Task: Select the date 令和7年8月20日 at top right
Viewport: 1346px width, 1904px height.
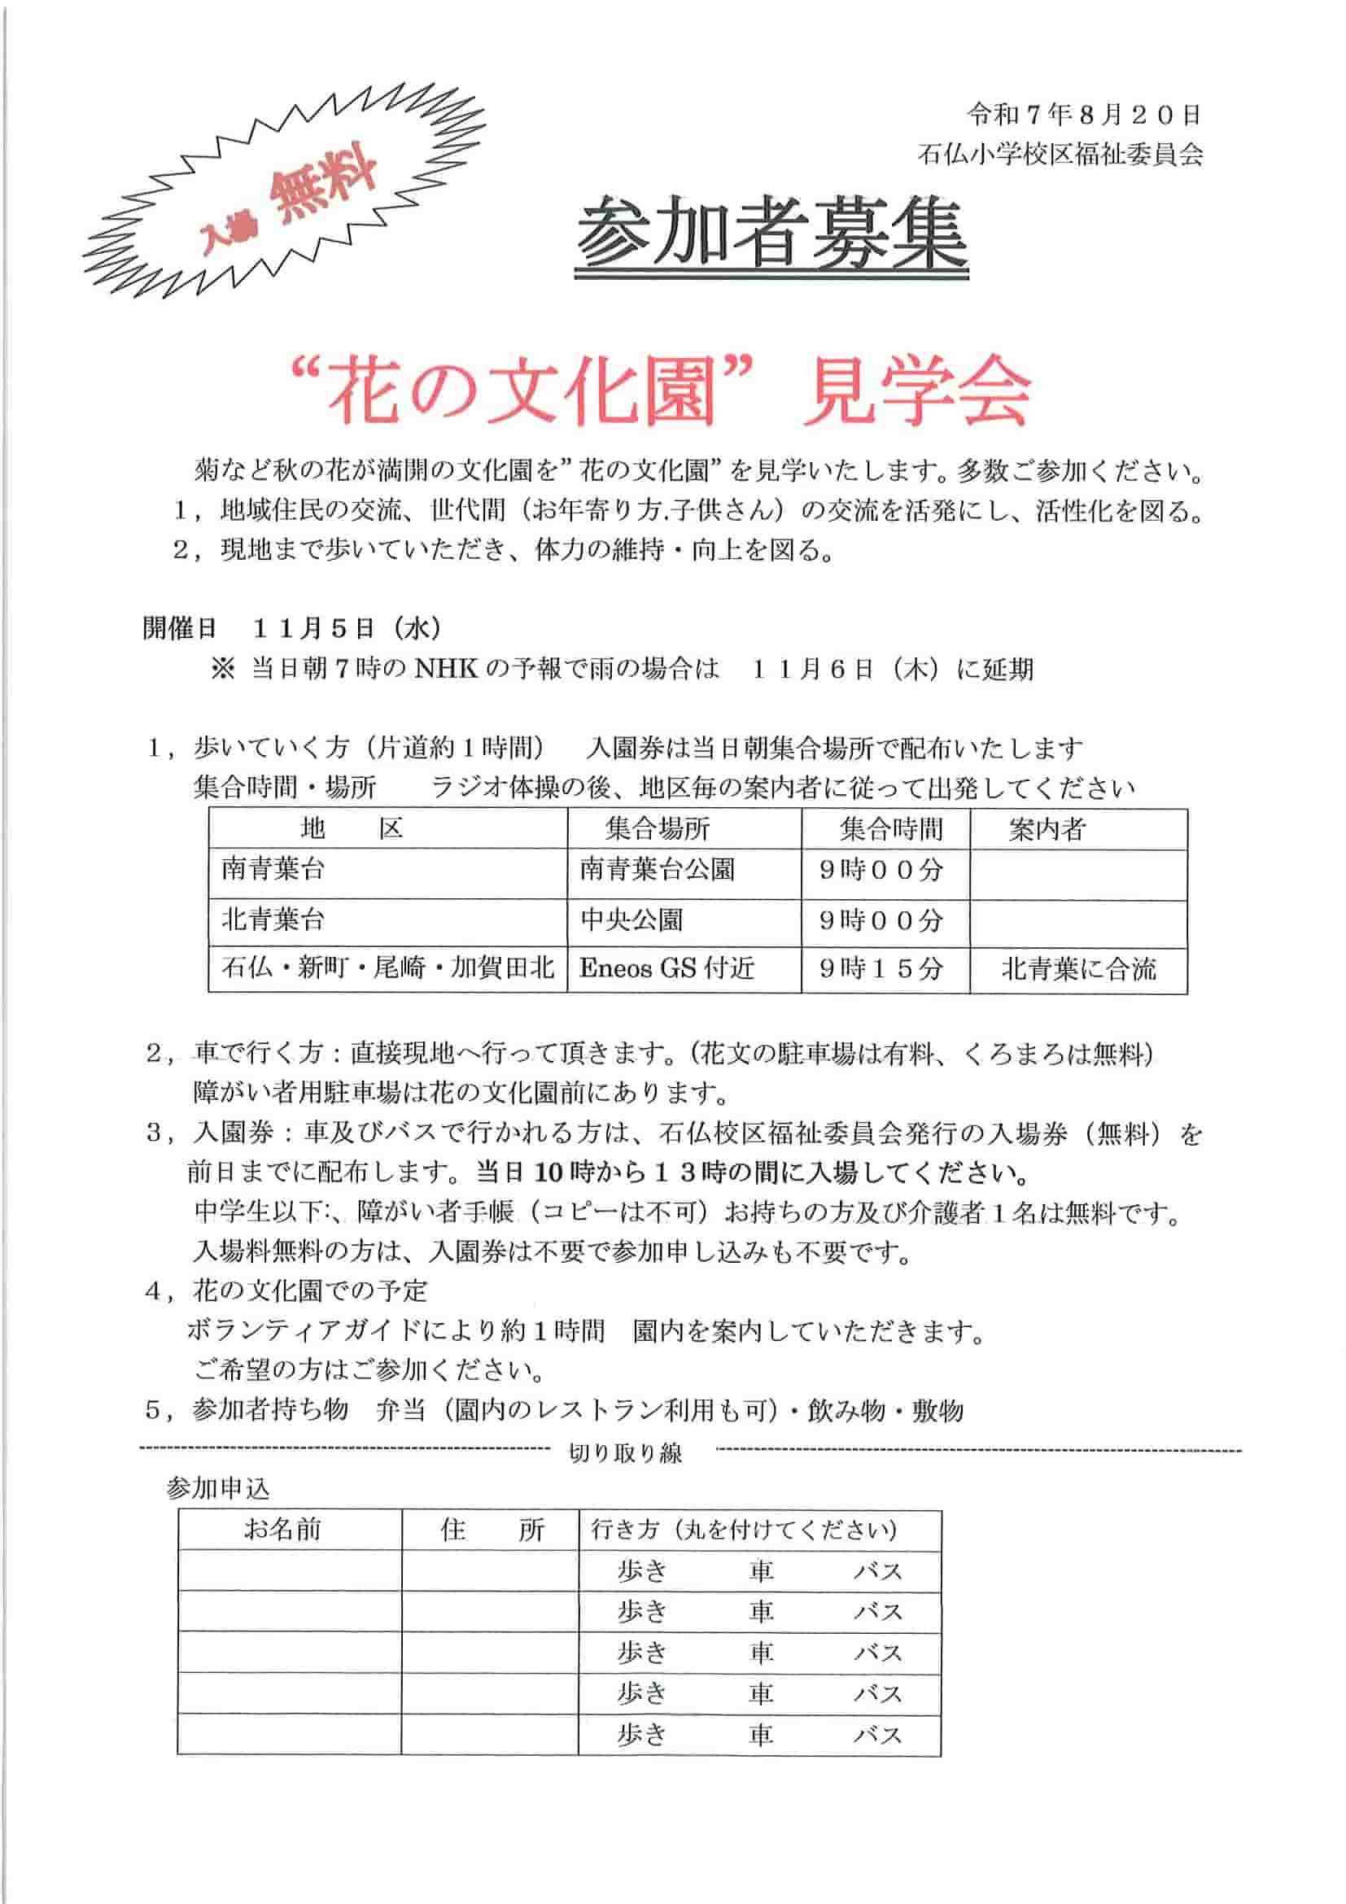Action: (x=1084, y=116)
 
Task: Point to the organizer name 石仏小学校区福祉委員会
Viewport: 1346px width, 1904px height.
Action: (x=1060, y=155)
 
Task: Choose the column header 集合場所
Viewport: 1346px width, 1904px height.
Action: (x=658, y=828)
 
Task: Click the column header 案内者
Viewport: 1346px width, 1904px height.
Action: (x=1047, y=828)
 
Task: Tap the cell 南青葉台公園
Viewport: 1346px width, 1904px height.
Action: (x=657, y=870)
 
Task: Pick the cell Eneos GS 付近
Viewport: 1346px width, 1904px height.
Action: (x=666, y=967)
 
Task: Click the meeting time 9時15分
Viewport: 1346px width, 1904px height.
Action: (x=881, y=968)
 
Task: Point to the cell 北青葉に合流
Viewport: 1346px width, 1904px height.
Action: (x=1078, y=968)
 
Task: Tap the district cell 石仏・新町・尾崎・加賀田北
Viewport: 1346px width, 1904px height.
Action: (x=387, y=967)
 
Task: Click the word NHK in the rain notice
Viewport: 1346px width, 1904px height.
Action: (x=446, y=669)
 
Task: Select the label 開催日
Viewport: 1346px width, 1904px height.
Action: (x=179, y=629)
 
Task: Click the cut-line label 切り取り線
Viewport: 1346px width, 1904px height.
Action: (x=624, y=1453)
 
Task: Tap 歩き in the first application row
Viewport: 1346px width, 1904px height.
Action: (x=642, y=1570)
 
